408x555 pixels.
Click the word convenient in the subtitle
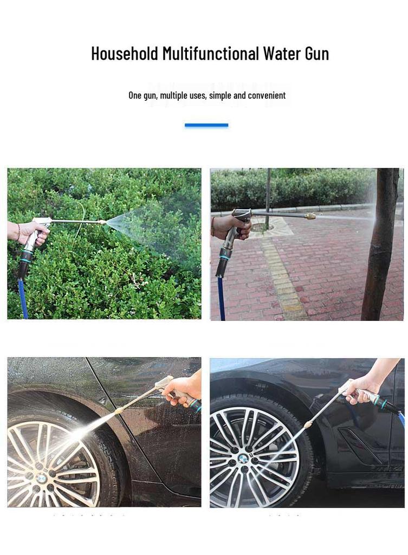(x=267, y=95)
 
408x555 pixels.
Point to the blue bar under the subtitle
(x=206, y=125)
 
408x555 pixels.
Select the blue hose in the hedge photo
(x=23, y=298)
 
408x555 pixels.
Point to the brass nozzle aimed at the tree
(x=310, y=216)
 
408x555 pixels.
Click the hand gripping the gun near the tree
(x=230, y=227)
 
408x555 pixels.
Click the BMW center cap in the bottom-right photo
(x=243, y=459)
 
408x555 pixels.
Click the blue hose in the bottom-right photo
(x=401, y=417)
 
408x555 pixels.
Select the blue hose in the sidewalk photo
(x=222, y=298)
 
